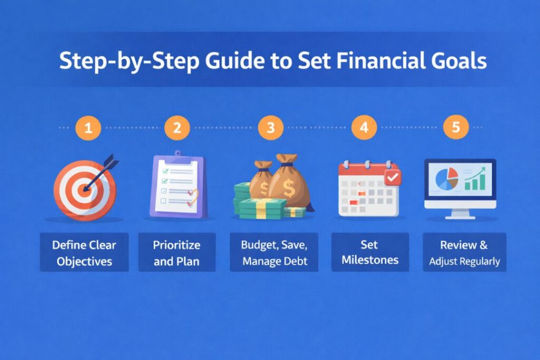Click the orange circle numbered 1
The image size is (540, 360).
tap(88, 128)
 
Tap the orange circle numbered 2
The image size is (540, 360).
tap(177, 128)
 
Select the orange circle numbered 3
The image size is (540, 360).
tap(271, 128)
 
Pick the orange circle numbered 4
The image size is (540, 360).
tap(364, 128)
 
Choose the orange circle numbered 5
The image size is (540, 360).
tap(455, 128)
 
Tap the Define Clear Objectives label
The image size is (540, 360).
tap(84, 252)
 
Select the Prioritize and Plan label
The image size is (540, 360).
tap(177, 252)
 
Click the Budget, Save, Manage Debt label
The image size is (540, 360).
tap(274, 252)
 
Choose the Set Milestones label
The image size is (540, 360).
tap(370, 252)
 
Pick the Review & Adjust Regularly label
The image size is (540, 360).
tap(464, 252)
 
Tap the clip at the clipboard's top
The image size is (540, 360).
tap(177, 155)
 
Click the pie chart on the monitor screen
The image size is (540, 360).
tap(447, 180)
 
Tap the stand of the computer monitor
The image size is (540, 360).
tap(460, 213)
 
